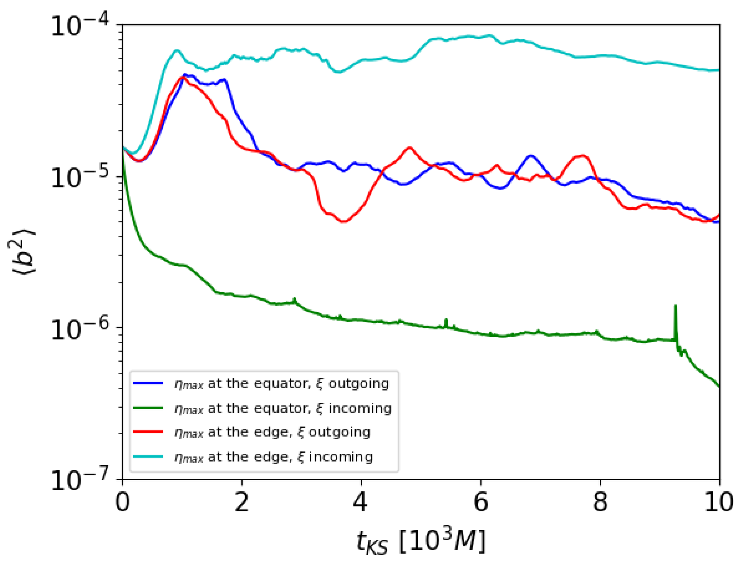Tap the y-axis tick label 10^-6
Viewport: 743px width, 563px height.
80,328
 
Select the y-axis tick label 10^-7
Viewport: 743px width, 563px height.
80,480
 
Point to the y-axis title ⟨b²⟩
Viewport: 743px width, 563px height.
22,252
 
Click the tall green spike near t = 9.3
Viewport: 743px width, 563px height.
675,306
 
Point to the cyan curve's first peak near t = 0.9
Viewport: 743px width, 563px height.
177,51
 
